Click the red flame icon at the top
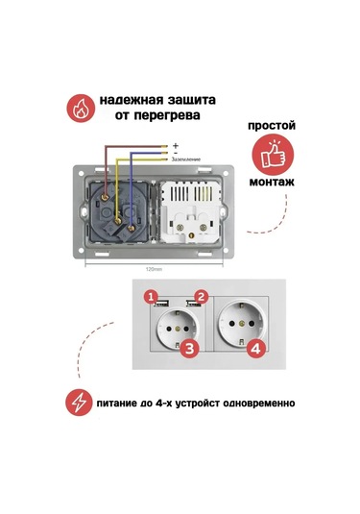point(80,108)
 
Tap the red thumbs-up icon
point(273,156)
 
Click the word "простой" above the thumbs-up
point(272,126)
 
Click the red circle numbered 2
point(202,296)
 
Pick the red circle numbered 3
point(190,350)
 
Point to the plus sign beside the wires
point(176,144)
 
